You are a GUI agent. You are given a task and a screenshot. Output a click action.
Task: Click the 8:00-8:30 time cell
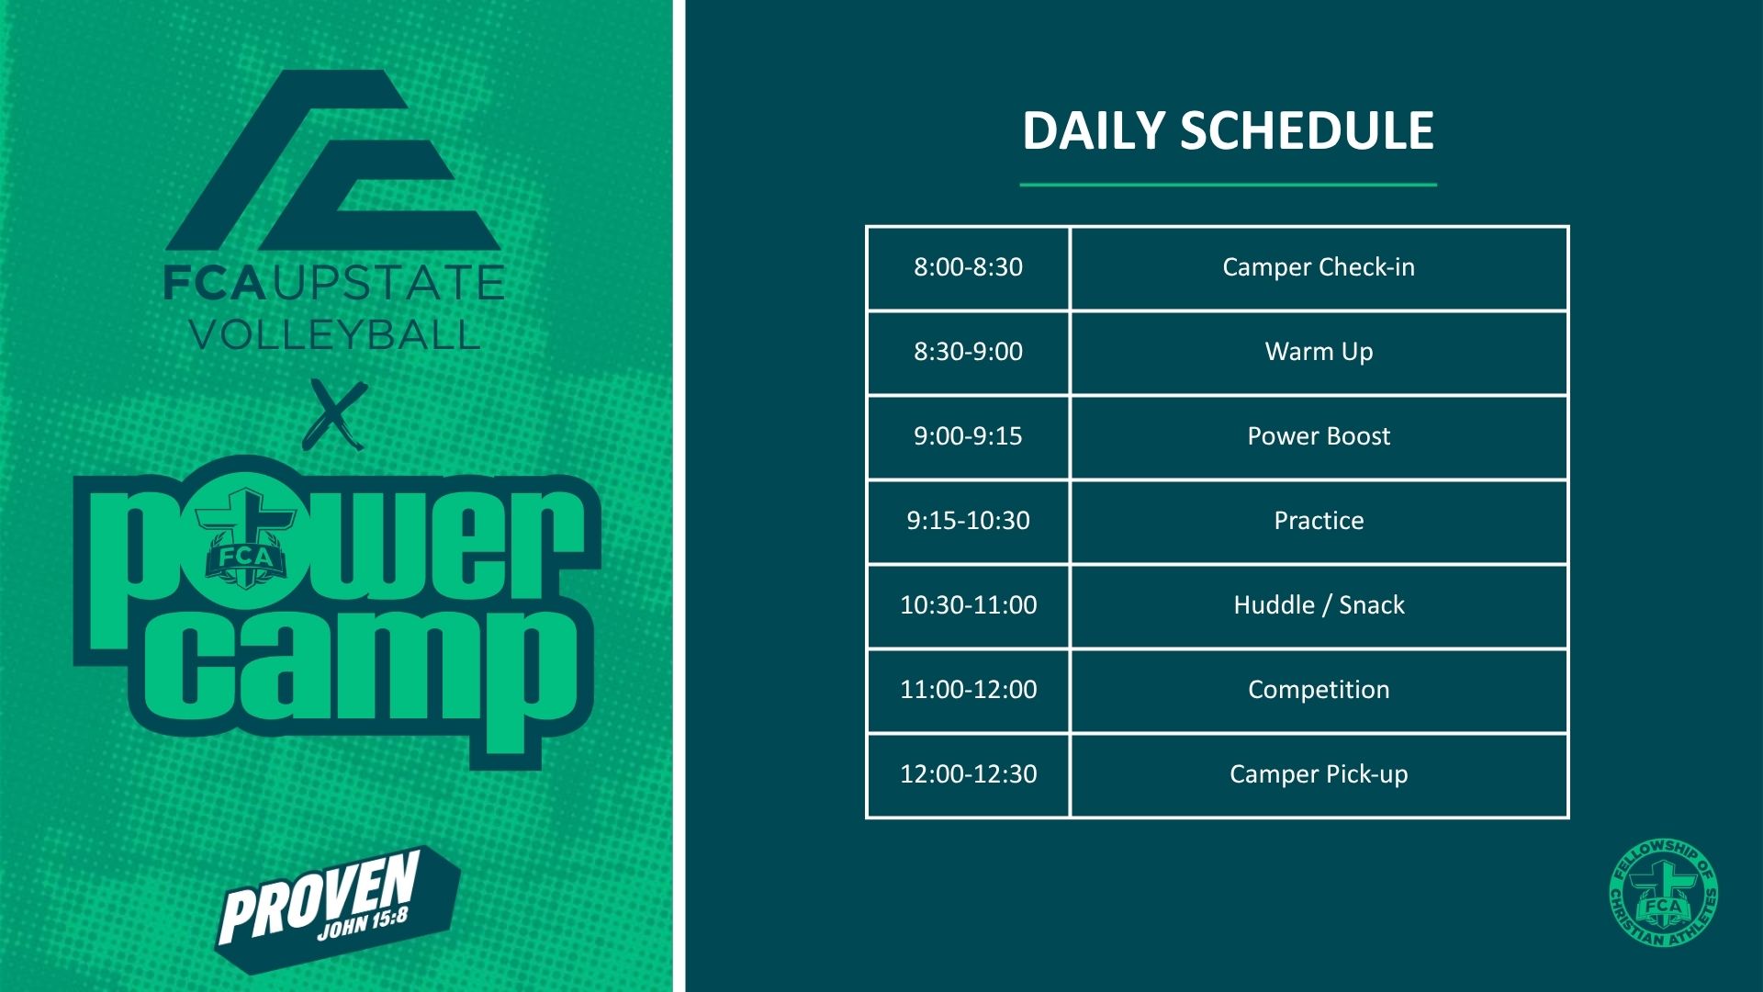click(968, 267)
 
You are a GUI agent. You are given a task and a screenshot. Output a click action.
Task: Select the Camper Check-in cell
click(1319, 267)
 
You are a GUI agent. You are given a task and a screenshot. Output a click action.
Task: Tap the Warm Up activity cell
click(1319, 352)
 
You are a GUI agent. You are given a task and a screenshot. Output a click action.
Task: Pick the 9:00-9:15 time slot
click(968, 436)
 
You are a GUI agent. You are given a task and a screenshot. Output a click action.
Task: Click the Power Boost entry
click(1319, 436)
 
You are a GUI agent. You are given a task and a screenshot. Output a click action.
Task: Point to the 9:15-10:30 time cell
click(968, 521)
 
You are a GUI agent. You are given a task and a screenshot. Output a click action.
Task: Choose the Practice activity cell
click(1319, 521)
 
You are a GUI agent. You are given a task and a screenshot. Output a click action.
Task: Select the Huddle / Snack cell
click(1319, 605)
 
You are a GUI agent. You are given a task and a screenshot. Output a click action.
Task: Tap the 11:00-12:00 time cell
click(968, 690)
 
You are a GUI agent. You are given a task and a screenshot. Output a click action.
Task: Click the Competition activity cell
click(1319, 690)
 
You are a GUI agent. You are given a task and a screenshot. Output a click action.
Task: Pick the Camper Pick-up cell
click(1319, 774)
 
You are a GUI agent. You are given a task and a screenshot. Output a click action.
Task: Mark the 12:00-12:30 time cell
click(968, 774)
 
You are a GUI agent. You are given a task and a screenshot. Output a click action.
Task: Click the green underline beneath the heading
click(1228, 185)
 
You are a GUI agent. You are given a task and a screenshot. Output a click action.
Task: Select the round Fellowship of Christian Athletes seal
click(1663, 894)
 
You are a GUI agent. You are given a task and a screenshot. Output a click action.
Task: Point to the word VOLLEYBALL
click(334, 334)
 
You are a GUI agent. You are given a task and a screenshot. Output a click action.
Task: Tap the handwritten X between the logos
click(335, 414)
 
